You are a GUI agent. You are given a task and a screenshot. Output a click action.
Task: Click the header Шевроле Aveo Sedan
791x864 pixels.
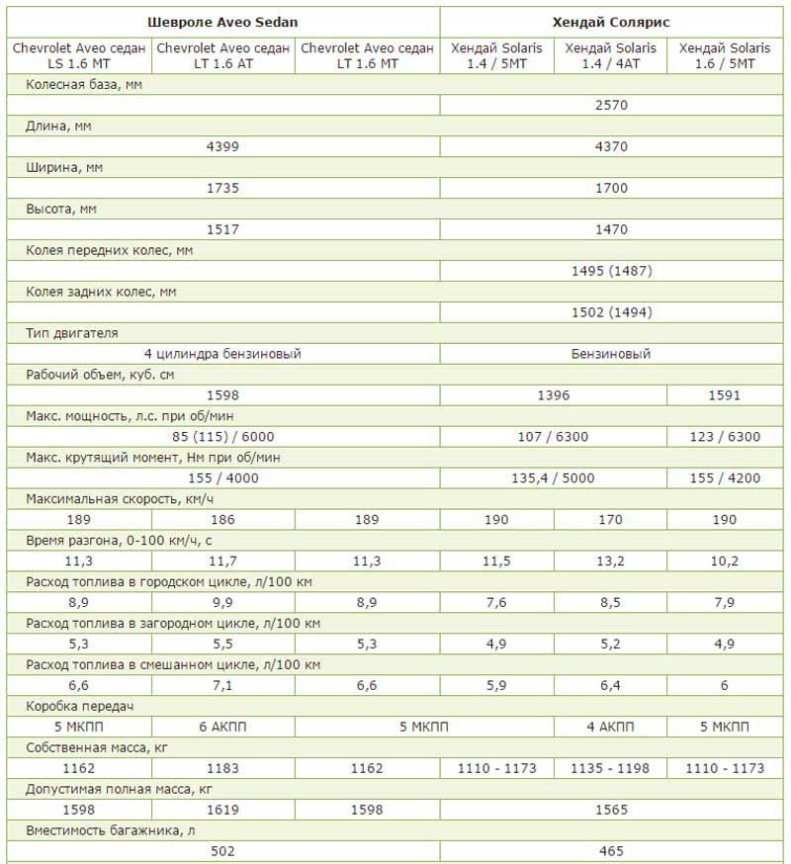click(222, 21)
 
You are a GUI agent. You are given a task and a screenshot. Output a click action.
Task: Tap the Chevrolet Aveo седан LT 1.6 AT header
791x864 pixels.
click(222, 55)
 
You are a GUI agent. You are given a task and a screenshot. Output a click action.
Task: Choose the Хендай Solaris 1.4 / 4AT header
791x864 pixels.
click(611, 55)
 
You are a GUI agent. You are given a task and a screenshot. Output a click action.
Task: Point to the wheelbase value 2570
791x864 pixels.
click(611, 105)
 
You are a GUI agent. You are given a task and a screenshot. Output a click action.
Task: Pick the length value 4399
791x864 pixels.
click(222, 146)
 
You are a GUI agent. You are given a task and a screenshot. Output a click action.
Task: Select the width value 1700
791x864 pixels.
click(611, 188)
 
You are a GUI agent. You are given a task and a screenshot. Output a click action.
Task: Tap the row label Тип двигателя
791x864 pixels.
click(72, 333)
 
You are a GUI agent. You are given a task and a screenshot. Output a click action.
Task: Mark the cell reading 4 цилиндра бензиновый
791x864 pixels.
click(222, 353)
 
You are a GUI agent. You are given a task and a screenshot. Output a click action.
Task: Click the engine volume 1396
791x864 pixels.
click(554, 395)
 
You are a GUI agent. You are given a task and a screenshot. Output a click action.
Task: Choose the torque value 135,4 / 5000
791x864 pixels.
click(554, 478)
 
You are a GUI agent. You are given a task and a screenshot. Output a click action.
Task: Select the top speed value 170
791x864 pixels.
click(611, 520)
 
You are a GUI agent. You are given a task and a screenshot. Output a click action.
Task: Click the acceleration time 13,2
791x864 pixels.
click(611, 562)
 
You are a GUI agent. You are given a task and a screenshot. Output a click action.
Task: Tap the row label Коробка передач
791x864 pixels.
click(78, 707)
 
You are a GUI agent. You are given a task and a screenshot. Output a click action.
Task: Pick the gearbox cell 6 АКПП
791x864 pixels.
click(222, 727)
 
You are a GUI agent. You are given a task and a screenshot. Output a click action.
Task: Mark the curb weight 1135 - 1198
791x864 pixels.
click(611, 768)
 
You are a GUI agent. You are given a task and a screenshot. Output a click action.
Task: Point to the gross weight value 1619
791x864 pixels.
click(222, 810)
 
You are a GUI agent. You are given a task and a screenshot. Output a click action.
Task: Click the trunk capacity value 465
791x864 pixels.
click(611, 850)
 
